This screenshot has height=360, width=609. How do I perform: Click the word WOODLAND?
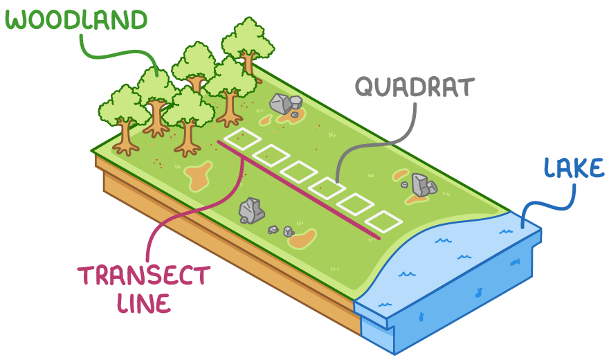pos(77,20)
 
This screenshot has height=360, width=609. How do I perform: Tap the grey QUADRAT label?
pos(415,88)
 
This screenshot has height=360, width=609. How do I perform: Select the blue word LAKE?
pos(573,169)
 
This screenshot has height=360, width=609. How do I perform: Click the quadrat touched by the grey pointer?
pos(327,188)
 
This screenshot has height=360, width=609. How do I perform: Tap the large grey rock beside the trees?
pos(282,105)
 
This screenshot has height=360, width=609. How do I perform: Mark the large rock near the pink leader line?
pos(251,210)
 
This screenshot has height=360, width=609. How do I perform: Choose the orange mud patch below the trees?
pos(198,176)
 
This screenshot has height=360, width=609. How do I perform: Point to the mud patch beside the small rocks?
pos(303,239)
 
